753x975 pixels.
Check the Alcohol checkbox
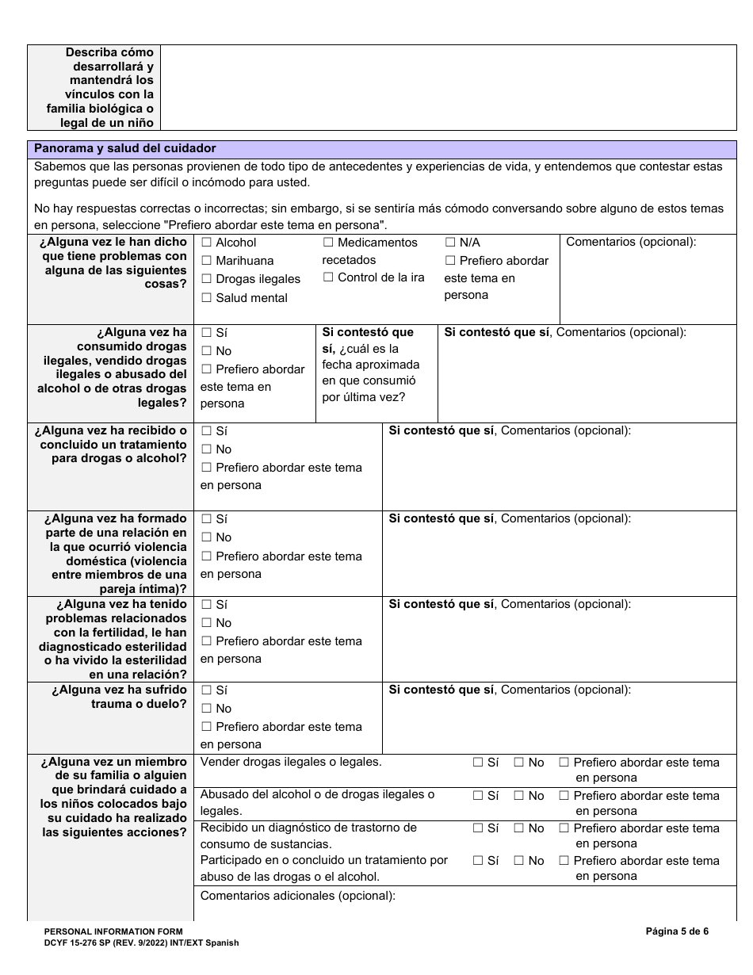point(206,243)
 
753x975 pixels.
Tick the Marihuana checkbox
point(206,261)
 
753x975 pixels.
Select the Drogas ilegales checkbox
point(206,279)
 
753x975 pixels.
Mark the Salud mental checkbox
point(206,298)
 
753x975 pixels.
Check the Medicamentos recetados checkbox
point(328,243)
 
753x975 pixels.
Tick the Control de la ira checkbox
point(328,277)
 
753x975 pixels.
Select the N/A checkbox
point(450,243)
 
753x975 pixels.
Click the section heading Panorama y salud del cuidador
point(124,148)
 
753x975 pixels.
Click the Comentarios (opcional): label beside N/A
point(631,243)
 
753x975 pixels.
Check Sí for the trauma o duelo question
point(206,690)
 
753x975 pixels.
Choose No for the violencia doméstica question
point(206,537)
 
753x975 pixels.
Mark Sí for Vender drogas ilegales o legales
point(478,763)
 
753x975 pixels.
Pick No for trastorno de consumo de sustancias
point(519,828)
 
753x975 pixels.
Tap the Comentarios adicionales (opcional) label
point(297,896)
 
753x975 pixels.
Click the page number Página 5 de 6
point(677,931)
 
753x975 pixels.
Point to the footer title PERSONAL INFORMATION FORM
point(113,931)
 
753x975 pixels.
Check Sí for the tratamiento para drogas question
point(206,431)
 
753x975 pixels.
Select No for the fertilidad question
point(206,623)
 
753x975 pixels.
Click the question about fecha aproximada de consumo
point(371,365)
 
